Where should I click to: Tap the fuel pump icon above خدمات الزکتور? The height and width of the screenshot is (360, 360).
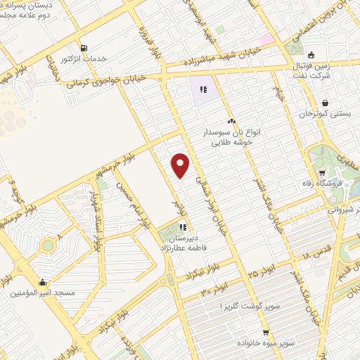point(85,48)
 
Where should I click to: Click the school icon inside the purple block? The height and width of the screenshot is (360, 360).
point(202,89)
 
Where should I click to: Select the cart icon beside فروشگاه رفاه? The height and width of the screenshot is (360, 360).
point(323,173)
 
